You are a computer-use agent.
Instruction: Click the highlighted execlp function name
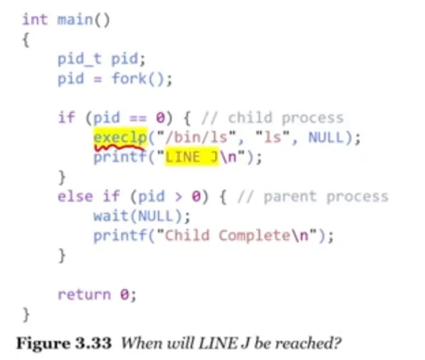tap(120, 138)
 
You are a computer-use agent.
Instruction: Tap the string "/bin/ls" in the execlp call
tap(198, 138)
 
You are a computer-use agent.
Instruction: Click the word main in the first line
tap(75, 19)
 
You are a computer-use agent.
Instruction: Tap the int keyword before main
tap(35, 19)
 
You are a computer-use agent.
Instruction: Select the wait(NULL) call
tap(141, 217)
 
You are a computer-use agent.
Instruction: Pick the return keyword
tap(84, 295)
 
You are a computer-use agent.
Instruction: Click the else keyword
tap(75, 197)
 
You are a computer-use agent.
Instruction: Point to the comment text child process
tap(286, 118)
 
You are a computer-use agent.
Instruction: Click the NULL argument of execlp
tap(326, 138)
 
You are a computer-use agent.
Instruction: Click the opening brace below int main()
tap(26, 40)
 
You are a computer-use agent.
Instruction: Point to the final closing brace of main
tap(26, 314)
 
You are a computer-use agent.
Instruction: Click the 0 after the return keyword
tap(124, 295)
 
